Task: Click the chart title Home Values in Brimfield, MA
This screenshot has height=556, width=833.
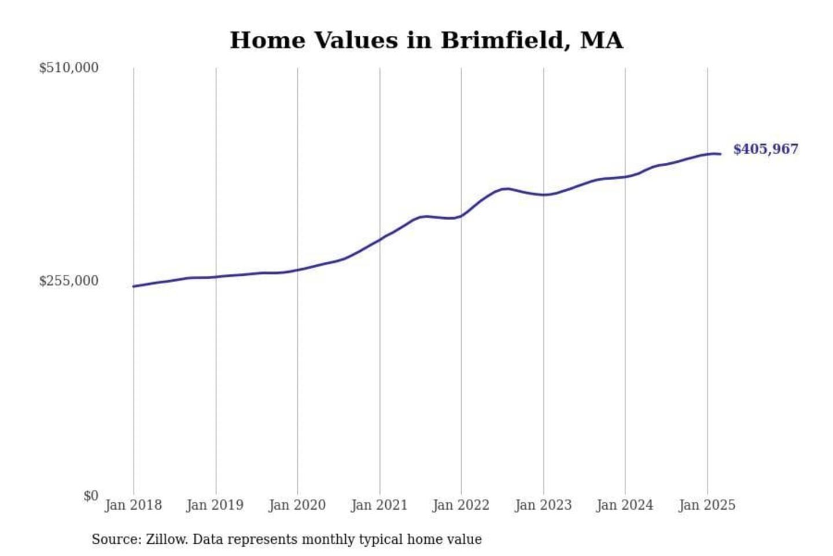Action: tap(426, 41)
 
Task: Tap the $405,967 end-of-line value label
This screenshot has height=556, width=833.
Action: tap(765, 149)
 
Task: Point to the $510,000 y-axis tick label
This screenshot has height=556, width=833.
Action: tap(69, 68)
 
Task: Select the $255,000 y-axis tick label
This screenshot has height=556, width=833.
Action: tap(69, 281)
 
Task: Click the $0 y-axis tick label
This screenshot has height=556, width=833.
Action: tap(91, 496)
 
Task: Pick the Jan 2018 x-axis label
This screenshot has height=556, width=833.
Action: tap(133, 505)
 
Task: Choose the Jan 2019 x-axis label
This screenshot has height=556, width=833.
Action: tap(215, 505)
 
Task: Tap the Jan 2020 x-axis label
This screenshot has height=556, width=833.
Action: tap(297, 505)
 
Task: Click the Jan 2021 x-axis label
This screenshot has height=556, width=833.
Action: tap(379, 505)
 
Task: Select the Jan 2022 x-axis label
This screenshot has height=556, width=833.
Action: tap(461, 505)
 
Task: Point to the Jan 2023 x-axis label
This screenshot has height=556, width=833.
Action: tap(543, 505)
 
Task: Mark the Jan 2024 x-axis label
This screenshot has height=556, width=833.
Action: tap(625, 505)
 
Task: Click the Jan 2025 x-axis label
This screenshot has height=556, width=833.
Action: tap(707, 505)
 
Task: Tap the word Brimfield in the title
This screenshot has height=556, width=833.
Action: tap(502, 41)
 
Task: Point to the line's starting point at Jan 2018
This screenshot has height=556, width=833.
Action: tap(134, 286)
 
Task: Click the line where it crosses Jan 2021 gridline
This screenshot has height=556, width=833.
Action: tap(380, 239)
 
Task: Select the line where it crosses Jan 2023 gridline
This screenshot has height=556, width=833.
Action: tap(544, 195)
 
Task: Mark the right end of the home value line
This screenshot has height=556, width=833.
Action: tap(720, 154)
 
